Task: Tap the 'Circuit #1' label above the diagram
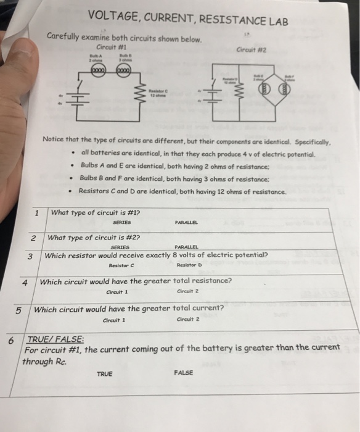pos(112,46)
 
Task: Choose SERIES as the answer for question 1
pos(122,223)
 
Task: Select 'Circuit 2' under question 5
pos(187,320)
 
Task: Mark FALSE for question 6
pos(184,373)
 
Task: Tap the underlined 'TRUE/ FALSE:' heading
pos(55,339)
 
